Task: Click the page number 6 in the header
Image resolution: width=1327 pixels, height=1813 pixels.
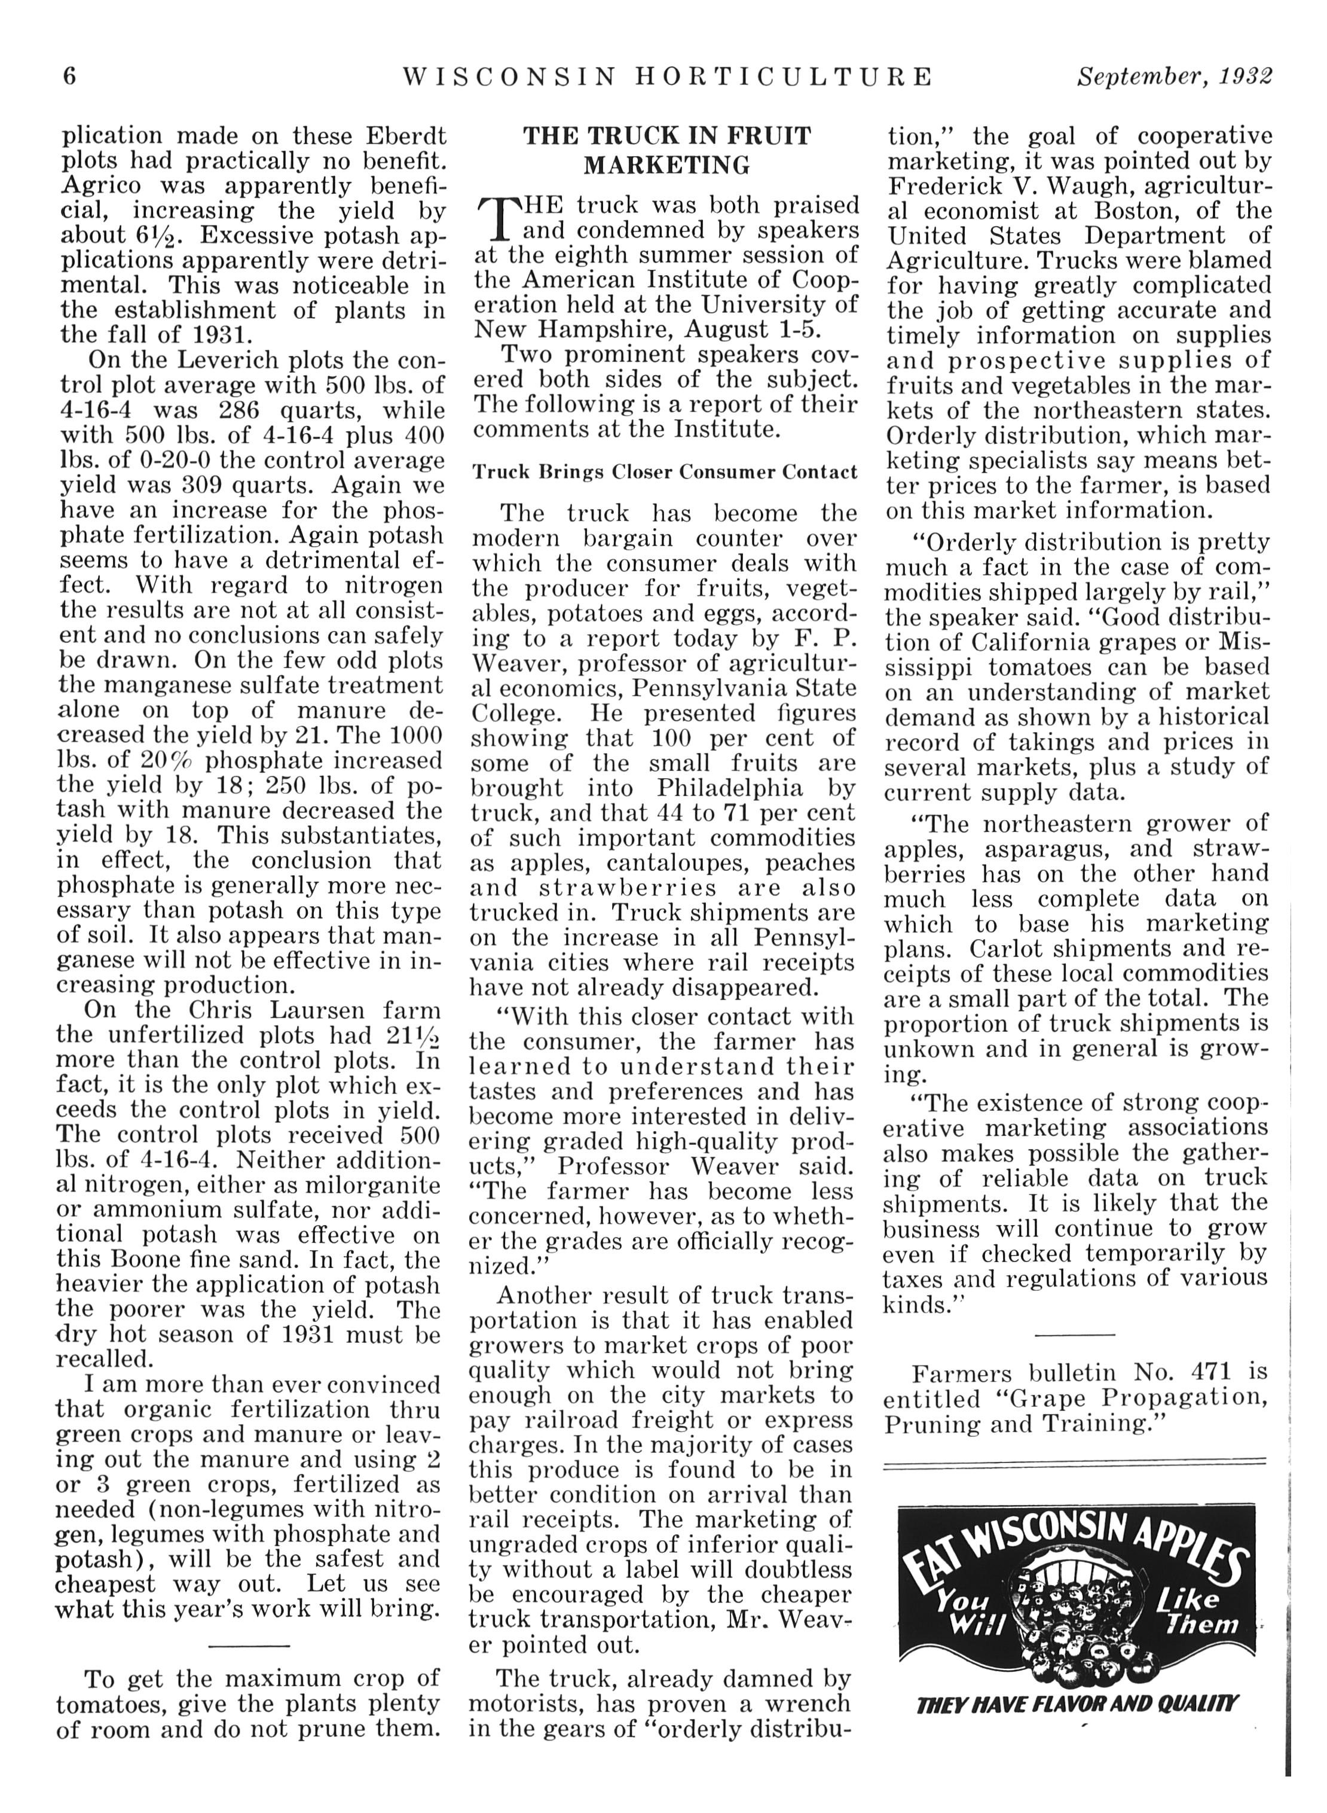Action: coord(70,77)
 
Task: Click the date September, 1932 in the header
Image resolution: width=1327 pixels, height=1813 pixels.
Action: coord(1175,77)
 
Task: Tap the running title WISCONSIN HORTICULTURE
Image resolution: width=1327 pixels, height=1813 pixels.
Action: coord(666,77)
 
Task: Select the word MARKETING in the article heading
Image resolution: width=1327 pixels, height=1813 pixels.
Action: coord(666,166)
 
